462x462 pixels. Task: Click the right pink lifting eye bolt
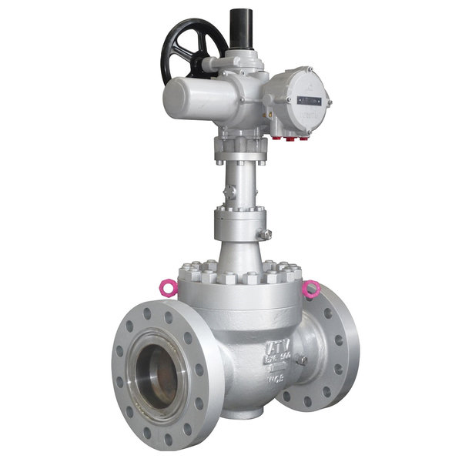pos(310,289)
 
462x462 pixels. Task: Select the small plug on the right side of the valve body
pos(303,360)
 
